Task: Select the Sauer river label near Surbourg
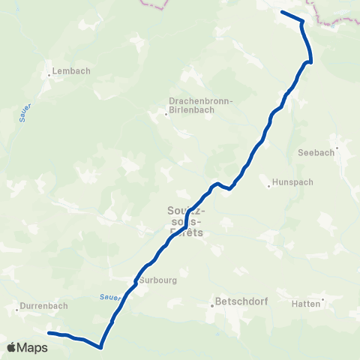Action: coord(111,297)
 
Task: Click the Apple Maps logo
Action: coord(28,348)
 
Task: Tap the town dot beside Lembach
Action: coord(49,74)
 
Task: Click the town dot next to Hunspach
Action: coord(268,181)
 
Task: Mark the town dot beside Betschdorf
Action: coord(212,304)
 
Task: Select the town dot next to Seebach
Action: coord(337,148)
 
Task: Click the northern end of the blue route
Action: coord(282,13)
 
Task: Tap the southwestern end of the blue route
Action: coord(49,332)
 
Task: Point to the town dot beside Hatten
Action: coord(323,303)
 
